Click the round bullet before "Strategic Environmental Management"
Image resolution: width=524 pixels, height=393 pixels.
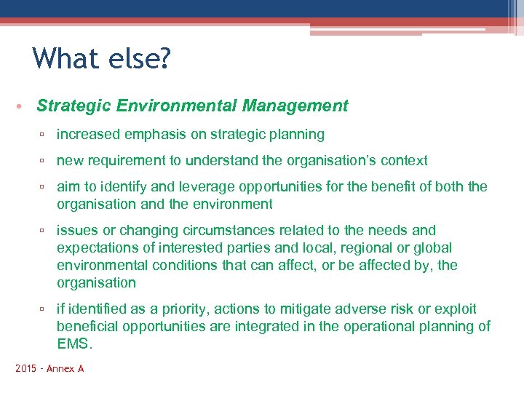click(20, 107)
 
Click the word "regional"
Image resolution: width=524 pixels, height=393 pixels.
click(362, 248)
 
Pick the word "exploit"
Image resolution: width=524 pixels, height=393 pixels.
click(470, 309)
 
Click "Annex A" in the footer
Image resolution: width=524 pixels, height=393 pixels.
click(65, 369)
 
